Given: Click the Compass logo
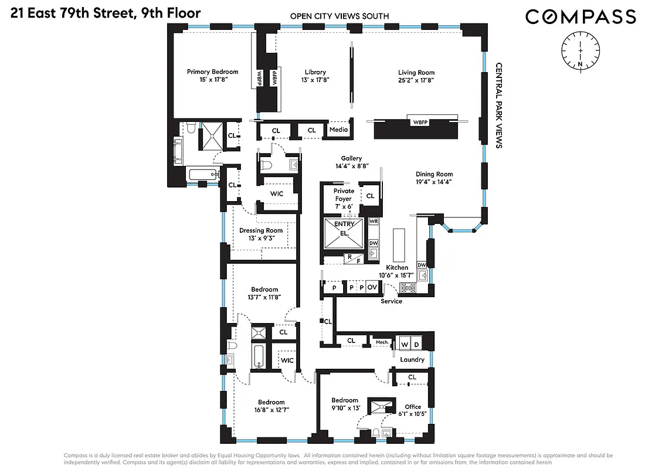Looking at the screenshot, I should pos(580,16).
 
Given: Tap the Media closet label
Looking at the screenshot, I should pos(338,130).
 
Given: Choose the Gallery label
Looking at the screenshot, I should pos(352,158).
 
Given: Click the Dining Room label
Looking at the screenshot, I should pos(434,174).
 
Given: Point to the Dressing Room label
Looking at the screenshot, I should pos(261,230).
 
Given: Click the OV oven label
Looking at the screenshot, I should pos(372,287).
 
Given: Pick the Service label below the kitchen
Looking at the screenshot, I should pos(391,301).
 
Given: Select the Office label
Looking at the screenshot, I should pos(413,407).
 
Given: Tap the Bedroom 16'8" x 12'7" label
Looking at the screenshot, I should pos(271,402).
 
